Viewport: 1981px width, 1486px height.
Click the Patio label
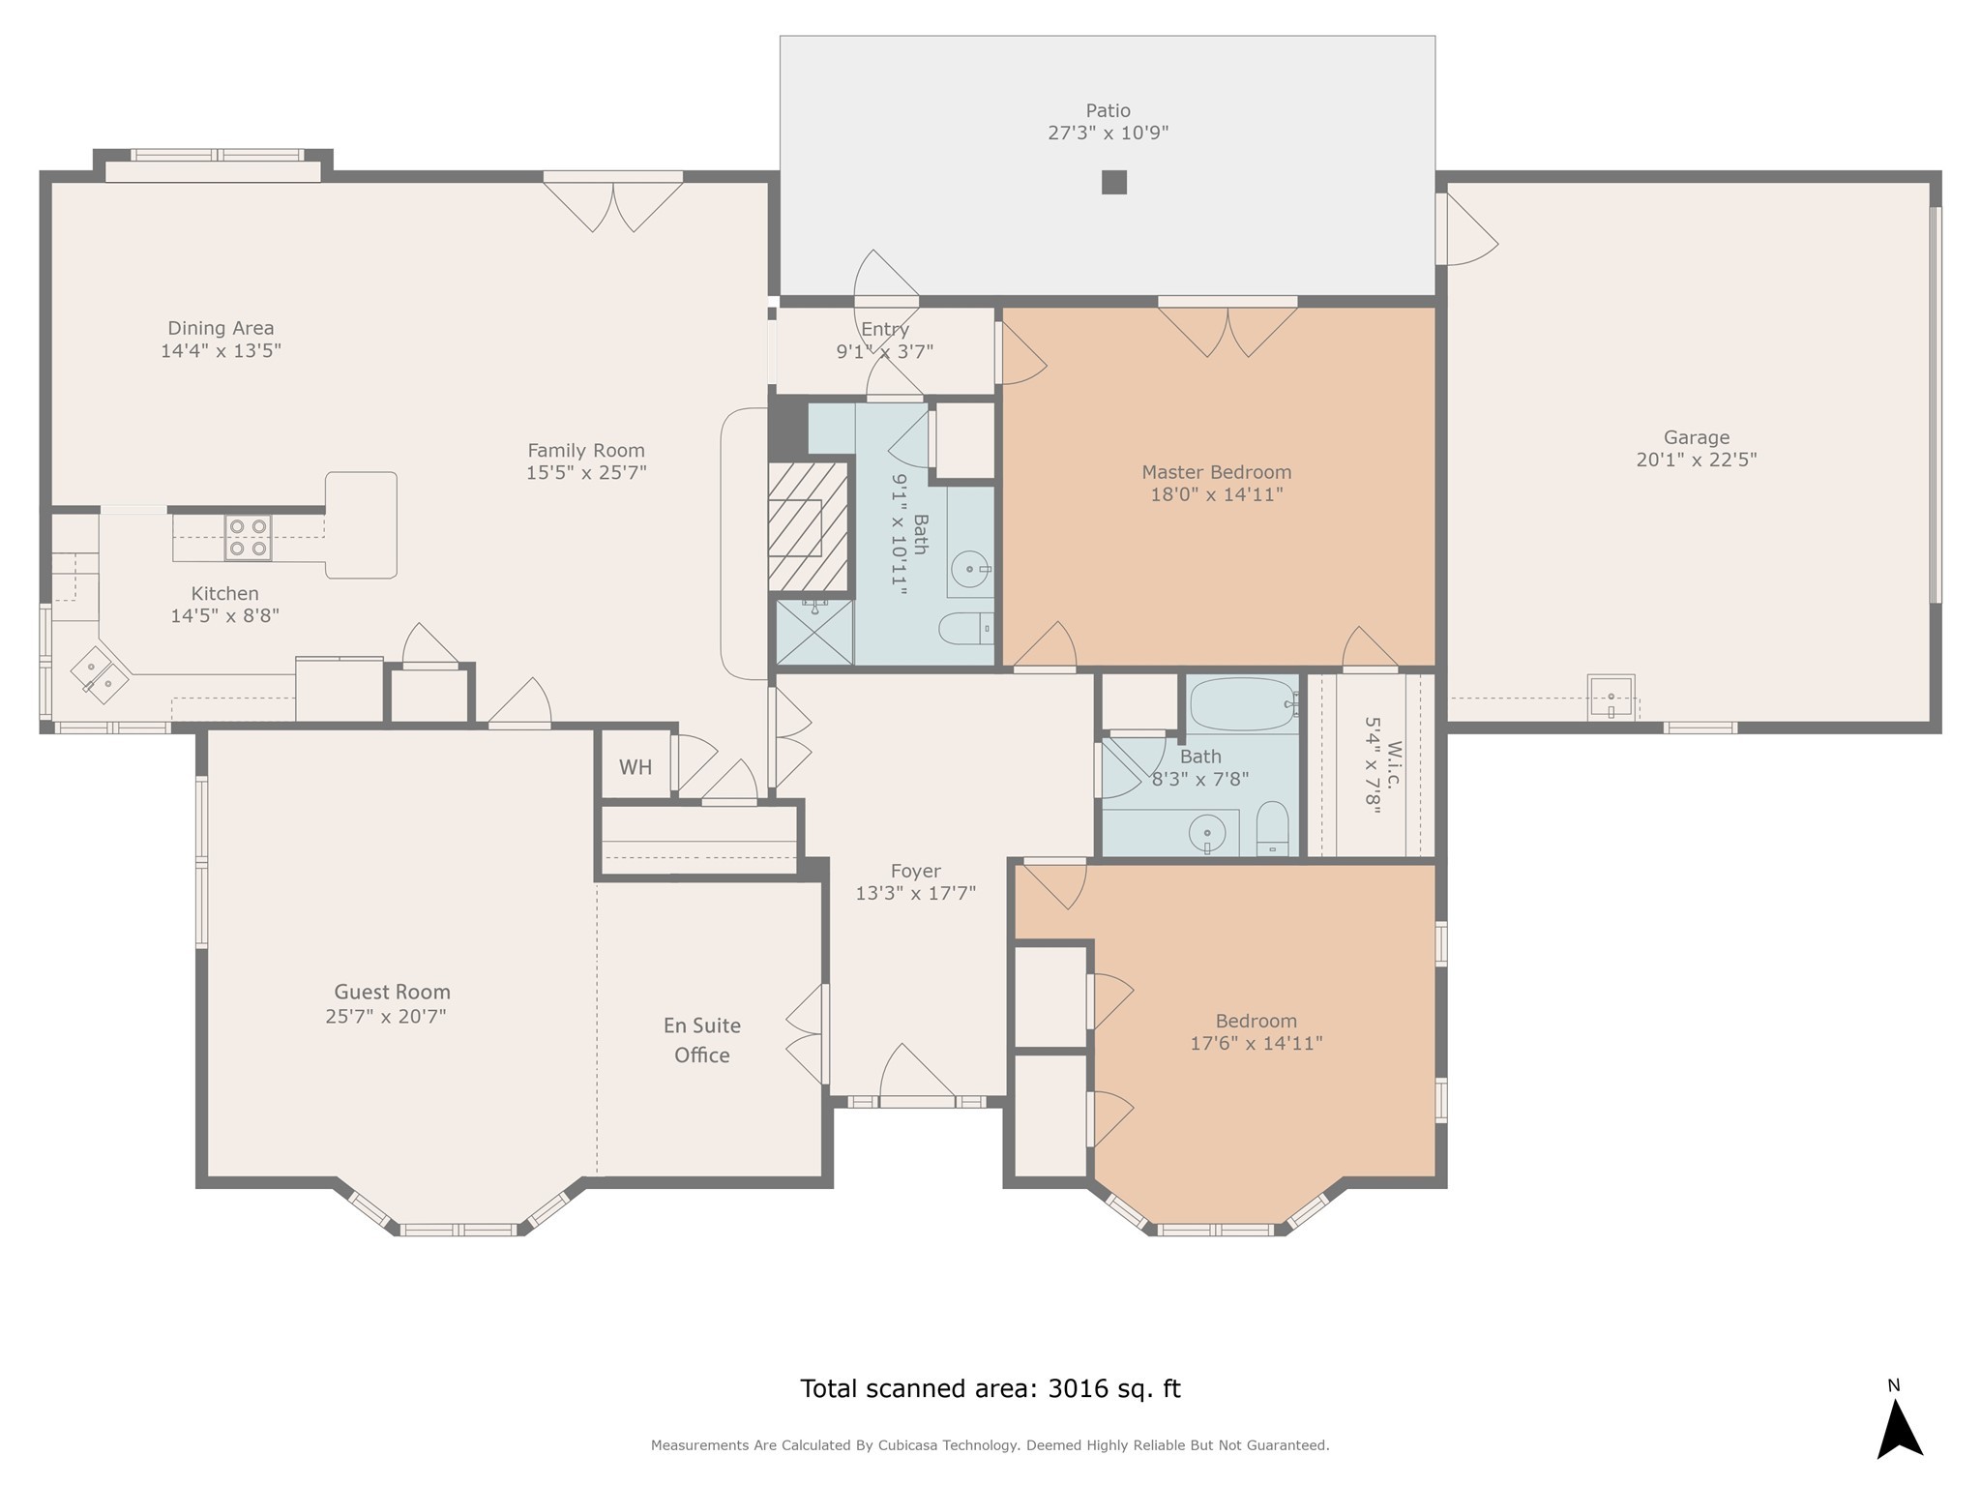1108,111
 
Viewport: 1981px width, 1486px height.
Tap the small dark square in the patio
1114,182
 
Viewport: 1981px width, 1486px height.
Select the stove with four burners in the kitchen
248,538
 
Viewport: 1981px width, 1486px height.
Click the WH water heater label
636,767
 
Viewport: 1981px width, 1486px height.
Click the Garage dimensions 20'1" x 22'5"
1697,460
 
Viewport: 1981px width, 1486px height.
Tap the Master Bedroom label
1217,472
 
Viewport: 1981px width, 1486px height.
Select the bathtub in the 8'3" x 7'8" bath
1243,704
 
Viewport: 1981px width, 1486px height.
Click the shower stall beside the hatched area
814,632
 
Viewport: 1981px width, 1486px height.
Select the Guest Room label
392,992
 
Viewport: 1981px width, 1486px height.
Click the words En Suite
702,1025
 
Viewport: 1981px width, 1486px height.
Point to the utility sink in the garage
1611,698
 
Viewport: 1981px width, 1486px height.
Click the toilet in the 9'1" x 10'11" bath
966,629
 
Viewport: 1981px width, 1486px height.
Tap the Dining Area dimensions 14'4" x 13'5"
221,350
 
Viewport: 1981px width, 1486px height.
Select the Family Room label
586,450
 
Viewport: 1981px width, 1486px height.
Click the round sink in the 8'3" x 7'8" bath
1207,833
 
